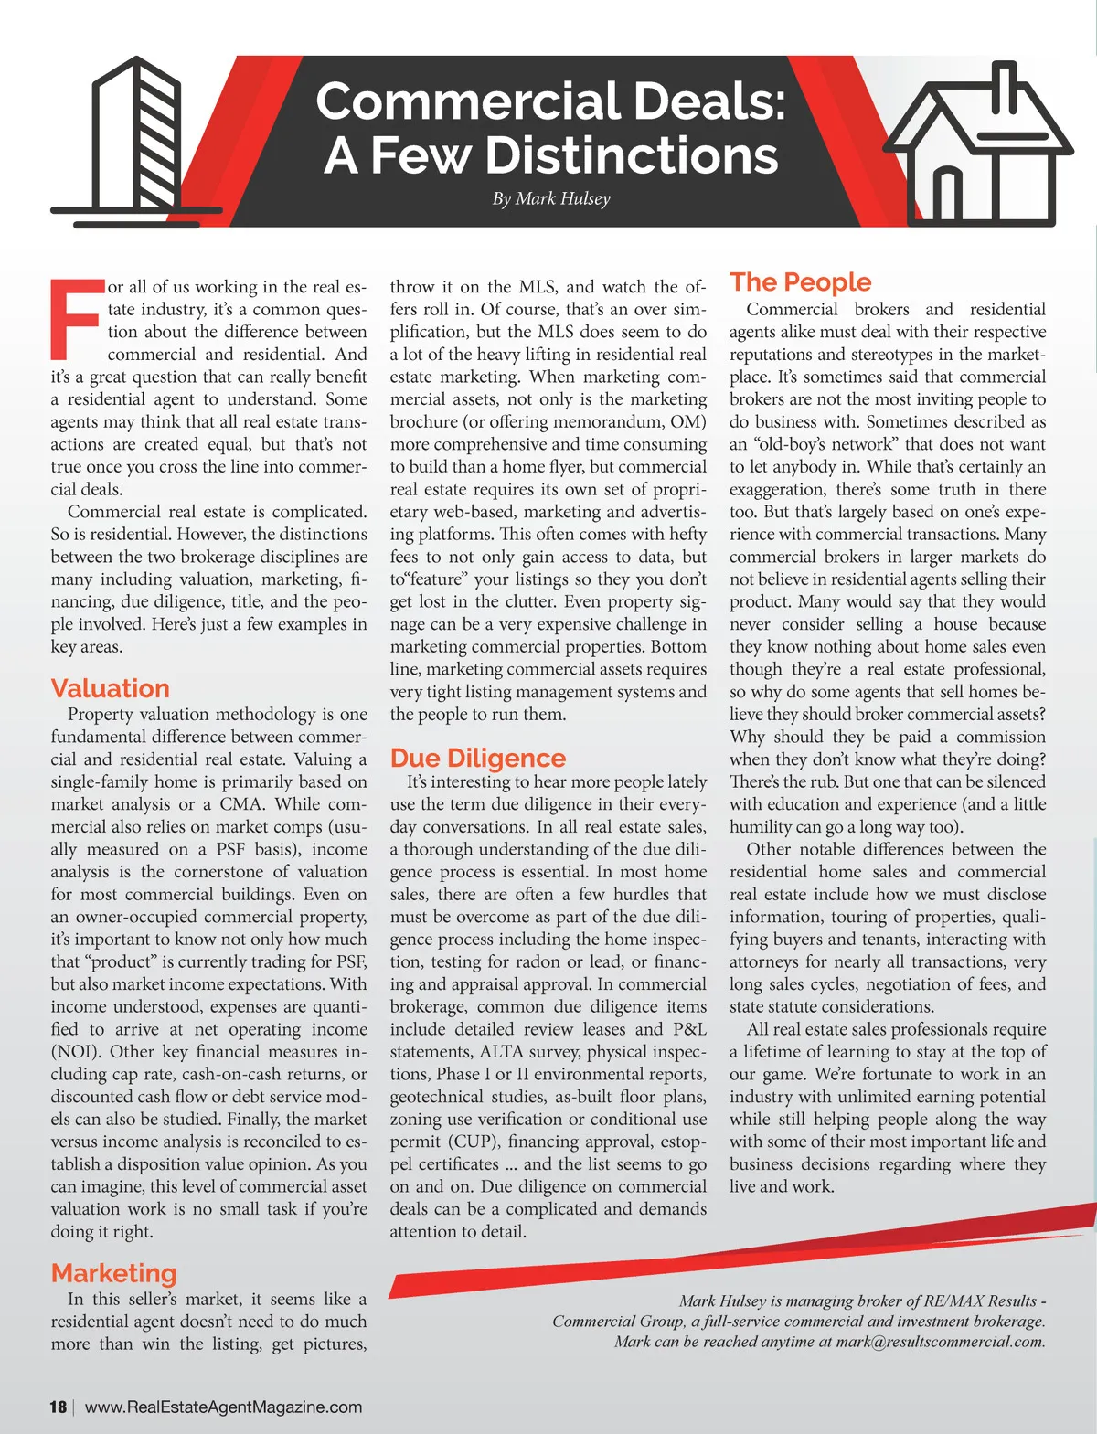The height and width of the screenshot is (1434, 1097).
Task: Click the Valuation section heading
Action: pyautogui.click(x=111, y=688)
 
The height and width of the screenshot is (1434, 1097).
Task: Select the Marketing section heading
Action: pyautogui.click(x=114, y=1273)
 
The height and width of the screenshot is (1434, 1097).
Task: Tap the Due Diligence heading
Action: pyautogui.click(x=478, y=759)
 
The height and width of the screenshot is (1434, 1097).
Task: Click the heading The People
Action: pyautogui.click(x=801, y=282)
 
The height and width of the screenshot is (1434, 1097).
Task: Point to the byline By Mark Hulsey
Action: pyautogui.click(x=551, y=198)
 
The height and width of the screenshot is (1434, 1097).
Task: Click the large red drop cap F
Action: pyautogui.click(x=75, y=320)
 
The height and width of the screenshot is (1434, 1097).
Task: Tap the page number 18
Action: pyautogui.click(x=58, y=1407)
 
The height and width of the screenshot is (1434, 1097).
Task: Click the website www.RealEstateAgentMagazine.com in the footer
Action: pyautogui.click(x=224, y=1407)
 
